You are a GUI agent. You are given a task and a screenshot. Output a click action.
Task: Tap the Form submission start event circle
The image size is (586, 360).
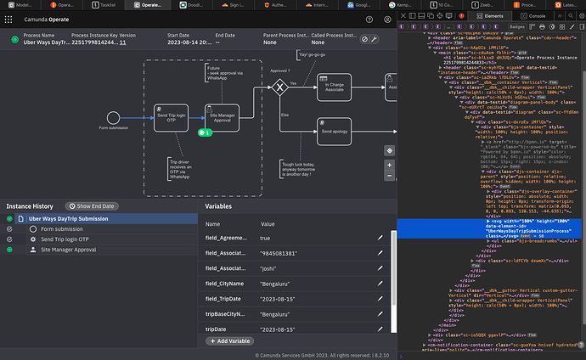pos(113,117)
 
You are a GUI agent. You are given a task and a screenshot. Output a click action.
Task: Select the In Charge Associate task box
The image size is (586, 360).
pos(338,87)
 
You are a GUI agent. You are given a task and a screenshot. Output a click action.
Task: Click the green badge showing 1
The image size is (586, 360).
pos(204,132)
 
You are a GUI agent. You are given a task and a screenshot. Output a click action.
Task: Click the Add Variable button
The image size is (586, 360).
pos(229,340)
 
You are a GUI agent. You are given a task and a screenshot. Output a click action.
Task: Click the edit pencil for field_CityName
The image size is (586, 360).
pos(380,284)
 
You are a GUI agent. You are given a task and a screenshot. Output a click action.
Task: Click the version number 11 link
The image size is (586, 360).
pos(123,41)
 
